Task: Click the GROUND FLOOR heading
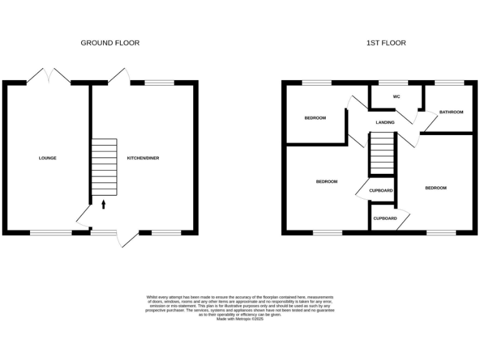click(x=110, y=43)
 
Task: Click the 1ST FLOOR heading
click(x=386, y=43)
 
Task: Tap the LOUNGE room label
click(x=47, y=158)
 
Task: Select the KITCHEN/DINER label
click(x=143, y=158)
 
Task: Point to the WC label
click(x=396, y=97)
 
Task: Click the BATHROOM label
click(x=451, y=112)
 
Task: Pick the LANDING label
click(x=385, y=122)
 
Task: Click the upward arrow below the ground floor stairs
click(x=104, y=204)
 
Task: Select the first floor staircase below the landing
click(x=381, y=155)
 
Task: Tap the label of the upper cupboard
click(x=381, y=190)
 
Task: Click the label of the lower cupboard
click(x=385, y=219)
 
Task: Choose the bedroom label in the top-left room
click(x=315, y=117)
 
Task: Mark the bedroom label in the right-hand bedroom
click(x=436, y=187)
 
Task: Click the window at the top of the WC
click(x=393, y=82)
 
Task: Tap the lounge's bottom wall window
click(x=51, y=232)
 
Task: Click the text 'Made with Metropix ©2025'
click(x=240, y=319)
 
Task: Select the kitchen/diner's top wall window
click(x=159, y=82)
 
